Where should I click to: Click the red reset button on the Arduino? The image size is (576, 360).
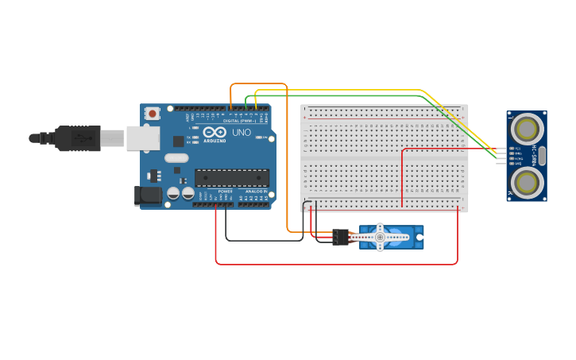152,114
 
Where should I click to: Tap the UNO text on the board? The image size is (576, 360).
242,133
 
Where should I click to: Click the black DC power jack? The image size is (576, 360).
149,195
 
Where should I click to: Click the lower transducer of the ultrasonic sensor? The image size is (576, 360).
526,182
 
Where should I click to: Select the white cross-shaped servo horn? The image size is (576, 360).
381,237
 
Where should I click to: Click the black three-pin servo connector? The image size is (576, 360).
341,237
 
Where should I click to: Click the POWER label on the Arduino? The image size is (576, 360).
226,192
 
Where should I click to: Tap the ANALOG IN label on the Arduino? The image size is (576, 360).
255,192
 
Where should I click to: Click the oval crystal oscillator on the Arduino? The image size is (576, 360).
176,157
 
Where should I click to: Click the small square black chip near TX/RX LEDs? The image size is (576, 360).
179,141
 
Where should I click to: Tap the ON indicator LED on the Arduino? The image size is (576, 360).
259,137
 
